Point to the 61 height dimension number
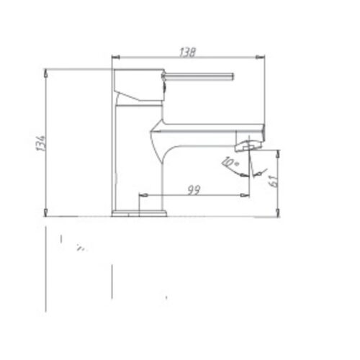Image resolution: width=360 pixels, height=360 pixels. (x=272, y=180)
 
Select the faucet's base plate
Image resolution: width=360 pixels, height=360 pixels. (x=139, y=212)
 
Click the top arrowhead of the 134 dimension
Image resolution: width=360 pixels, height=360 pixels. (x=46, y=72)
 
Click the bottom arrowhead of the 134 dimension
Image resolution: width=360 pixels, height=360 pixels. (x=46, y=212)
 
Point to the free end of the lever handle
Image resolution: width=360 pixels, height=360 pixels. (x=234, y=76)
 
